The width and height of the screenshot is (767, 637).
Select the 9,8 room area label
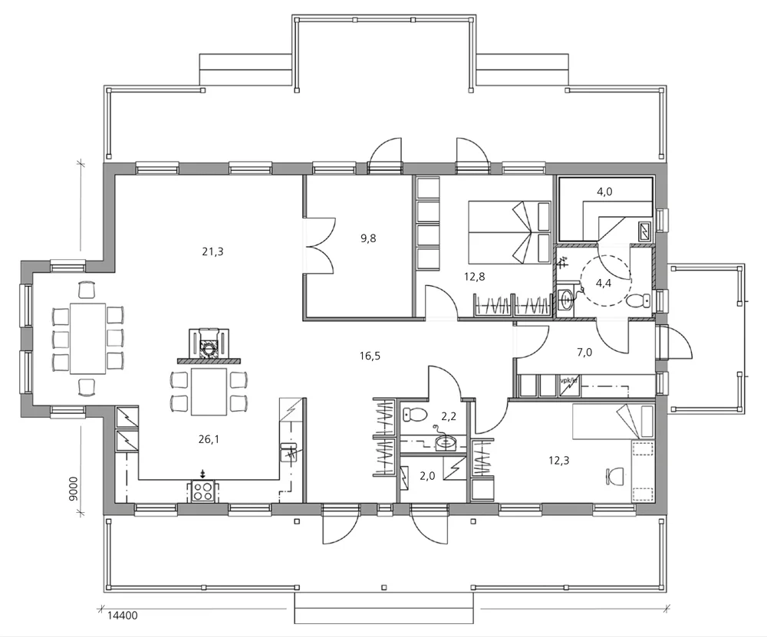click(368, 238)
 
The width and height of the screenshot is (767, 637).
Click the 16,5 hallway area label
click(370, 355)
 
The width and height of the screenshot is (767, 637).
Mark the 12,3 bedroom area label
click(559, 460)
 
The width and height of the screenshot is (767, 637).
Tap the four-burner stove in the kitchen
click(202, 491)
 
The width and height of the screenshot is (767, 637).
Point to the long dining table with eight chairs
click(87, 337)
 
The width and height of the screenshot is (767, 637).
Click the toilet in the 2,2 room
click(415, 415)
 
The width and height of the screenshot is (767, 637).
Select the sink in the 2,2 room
click(444, 442)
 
